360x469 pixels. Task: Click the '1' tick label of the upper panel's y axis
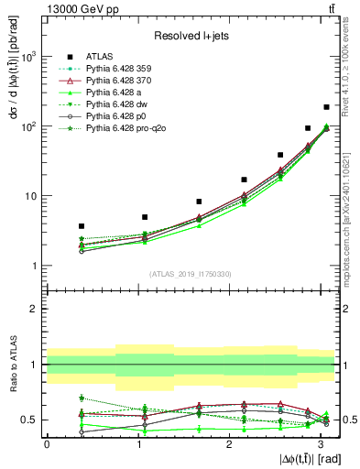35,266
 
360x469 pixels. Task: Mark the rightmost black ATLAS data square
327,107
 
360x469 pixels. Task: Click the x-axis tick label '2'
228,444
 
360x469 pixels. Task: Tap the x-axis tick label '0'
47,444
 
